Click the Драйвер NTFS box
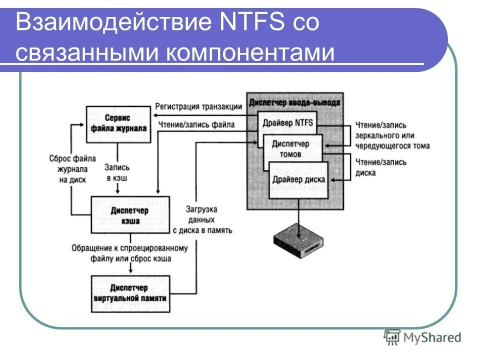pos(283,122)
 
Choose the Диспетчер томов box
pos(291,148)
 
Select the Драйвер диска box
pos(299,179)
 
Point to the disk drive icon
pos(299,241)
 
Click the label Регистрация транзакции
pos(198,106)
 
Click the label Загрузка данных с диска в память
pos(202,219)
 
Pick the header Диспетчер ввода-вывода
pos(295,102)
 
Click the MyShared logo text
pos(432,338)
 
